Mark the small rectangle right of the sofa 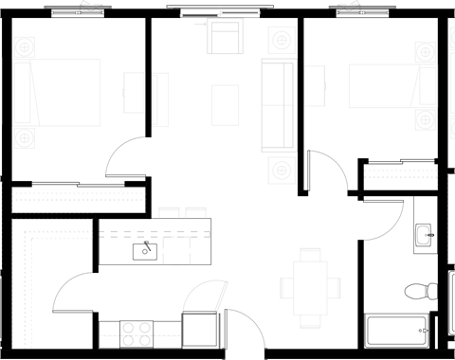[315, 86]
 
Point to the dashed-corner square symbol [176, 250]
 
